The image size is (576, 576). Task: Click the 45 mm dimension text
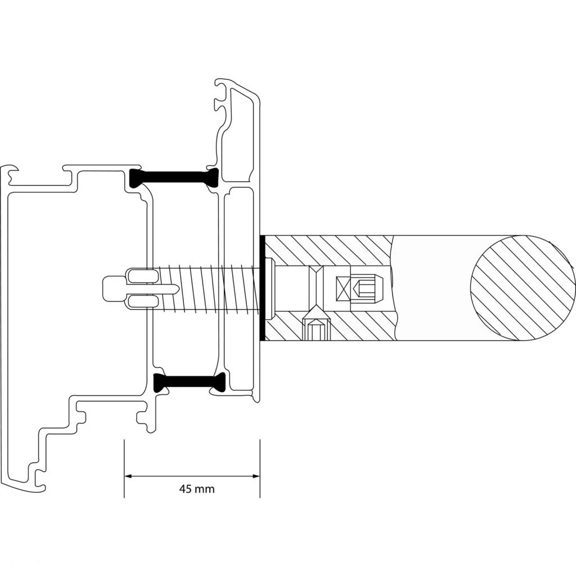(196, 489)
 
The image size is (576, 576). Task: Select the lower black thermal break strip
(189, 382)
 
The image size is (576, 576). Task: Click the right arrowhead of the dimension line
(256, 476)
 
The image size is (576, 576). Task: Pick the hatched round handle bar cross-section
(523, 288)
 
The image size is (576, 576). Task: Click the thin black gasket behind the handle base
(262, 287)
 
